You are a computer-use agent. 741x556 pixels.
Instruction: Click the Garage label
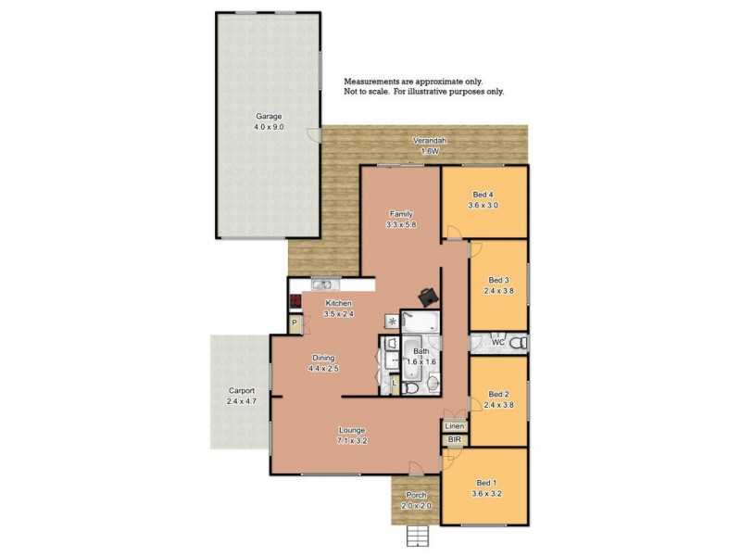269,117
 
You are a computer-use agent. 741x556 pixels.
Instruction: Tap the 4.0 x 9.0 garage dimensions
269,127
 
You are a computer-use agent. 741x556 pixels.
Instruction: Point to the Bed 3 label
498,280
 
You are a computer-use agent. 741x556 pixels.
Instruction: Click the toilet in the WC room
521,343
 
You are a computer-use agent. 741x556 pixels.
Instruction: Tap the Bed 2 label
498,393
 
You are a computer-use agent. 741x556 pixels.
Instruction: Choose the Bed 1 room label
485,484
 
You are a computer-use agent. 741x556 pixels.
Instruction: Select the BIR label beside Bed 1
454,439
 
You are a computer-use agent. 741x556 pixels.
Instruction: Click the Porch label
417,495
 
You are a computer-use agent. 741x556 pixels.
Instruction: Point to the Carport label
240,391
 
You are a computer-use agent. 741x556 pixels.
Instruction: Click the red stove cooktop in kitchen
295,301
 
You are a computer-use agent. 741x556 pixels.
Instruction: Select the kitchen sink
321,284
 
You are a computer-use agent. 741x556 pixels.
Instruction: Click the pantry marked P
294,323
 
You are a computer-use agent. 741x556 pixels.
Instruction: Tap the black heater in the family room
428,297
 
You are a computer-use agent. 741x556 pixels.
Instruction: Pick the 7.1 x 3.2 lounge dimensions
352,440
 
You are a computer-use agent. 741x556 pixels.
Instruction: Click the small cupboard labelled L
394,382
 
